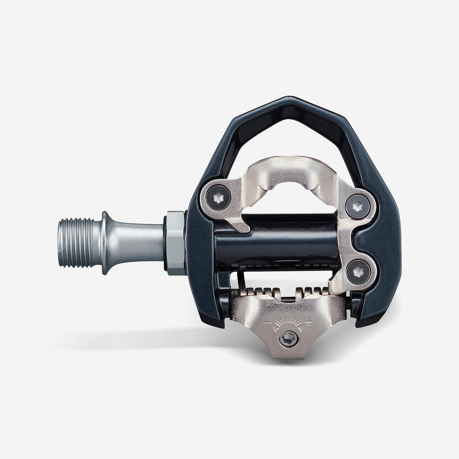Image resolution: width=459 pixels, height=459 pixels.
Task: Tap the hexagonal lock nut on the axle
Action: pos(174,243)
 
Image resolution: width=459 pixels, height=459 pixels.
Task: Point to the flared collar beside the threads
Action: pos(106,243)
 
